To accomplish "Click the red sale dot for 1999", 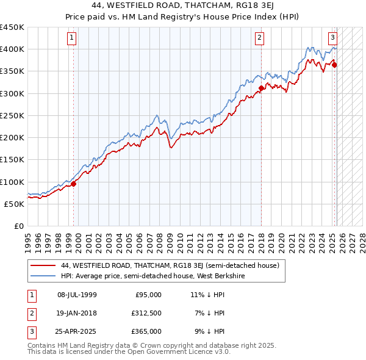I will [x=74, y=184].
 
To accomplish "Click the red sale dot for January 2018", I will [x=261, y=88].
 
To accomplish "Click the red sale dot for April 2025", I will [x=335, y=65].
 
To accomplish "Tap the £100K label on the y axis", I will [x=12, y=182].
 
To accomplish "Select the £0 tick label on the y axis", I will [x=18, y=226].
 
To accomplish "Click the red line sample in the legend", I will [x=43, y=266].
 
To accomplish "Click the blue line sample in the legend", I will [x=43, y=276].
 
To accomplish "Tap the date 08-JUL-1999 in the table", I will [x=77, y=295].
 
